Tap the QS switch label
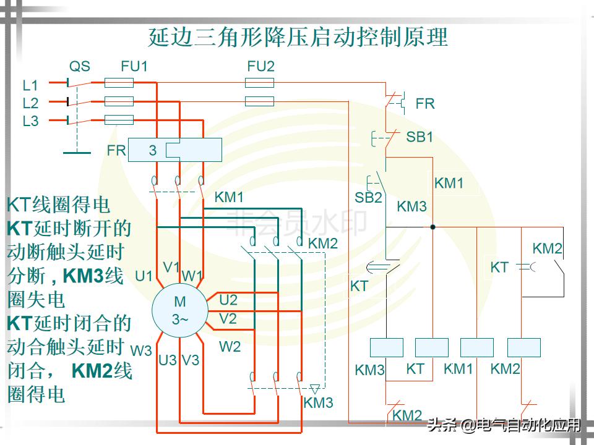79,66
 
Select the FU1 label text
134,66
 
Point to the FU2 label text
260,66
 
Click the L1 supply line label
30,85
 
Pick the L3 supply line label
30,121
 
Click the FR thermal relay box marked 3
175,150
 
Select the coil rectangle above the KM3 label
386,347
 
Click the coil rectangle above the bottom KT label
431,347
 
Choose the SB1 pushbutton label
420,137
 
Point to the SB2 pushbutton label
368,198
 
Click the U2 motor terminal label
228,300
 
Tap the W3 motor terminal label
141,350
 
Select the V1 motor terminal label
171,267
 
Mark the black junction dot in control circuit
433,227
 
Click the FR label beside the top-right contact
425,104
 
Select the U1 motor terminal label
144,276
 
